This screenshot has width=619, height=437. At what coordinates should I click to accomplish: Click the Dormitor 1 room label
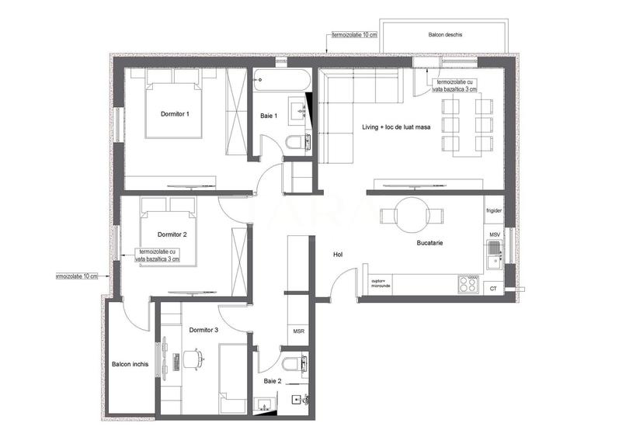pyautogui.click(x=175, y=113)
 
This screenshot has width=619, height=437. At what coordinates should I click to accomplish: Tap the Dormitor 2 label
pyautogui.click(x=172, y=234)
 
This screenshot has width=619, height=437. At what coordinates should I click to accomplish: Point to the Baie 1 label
pyautogui.click(x=269, y=116)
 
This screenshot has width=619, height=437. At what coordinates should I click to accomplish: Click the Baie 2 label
pyautogui.click(x=272, y=381)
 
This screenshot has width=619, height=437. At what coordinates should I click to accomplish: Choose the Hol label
pyautogui.click(x=338, y=254)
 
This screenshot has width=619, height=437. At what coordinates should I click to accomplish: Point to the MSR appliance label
pyautogui.click(x=298, y=331)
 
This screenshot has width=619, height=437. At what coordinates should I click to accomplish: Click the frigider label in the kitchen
pyautogui.click(x=494, y=210)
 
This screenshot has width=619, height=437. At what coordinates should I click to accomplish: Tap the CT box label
pyautogui.click(x=493, y=289)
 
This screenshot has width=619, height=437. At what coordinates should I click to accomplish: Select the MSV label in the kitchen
pyautogui.click(x=494, y=234)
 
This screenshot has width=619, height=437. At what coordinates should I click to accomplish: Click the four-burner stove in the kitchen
pyautogui.click(x=468, y=284)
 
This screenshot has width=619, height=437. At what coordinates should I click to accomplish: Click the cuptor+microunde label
pyautogui.click(x=381, y=283)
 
